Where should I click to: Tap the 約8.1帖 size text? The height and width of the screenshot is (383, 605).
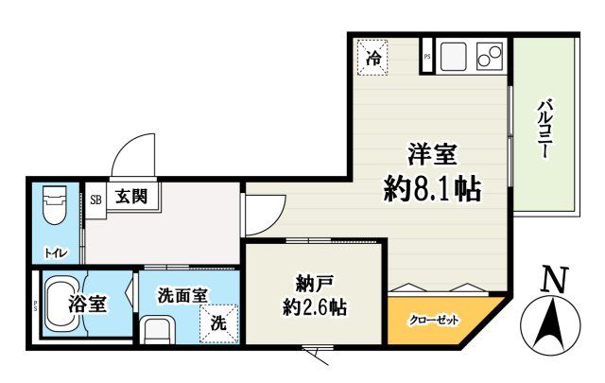click(432, 190)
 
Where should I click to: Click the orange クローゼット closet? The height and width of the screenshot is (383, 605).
click(434, 320)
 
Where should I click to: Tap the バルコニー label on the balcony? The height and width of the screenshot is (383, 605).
click(545, 128)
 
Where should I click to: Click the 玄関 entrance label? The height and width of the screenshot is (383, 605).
click(131, 198)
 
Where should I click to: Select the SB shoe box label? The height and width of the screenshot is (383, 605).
click(95, 200)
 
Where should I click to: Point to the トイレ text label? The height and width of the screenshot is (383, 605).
click(56, 252)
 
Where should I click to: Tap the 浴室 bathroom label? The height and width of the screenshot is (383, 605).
click(87, 305)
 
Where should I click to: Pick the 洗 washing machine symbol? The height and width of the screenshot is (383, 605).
click(218, 322)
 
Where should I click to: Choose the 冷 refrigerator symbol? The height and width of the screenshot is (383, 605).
click(374, 58)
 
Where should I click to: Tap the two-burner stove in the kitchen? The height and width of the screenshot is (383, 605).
click(490, 57)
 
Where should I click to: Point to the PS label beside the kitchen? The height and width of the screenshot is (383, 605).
click(427, 57)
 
